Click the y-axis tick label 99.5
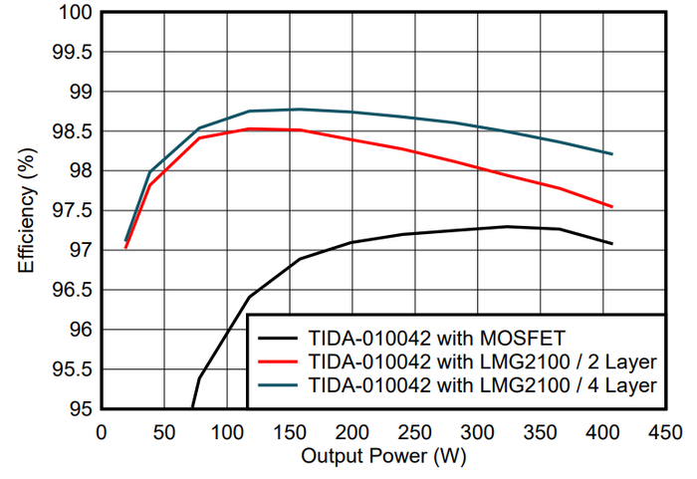[x=73, y=53]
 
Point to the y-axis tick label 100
[x=76, y=13]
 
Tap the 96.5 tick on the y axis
[x=73, y=290]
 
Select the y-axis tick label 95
[x=82, y=408]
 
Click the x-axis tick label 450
[x=665, y=432]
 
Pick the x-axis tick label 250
[x=415, y=432]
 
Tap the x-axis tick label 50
[x=164, y=432]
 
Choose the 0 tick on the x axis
[x=102, y=432]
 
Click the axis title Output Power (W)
[x=383, y=456]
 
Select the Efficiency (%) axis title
[x=26, y=210]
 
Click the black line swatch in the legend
[x=278, y=339]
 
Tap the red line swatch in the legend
[x=278, y=362]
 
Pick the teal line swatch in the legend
[x=278, y=385]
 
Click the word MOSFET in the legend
[x=523, y=339]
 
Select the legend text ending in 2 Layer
[x=483, y=362]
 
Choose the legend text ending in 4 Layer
[x=483, y=385]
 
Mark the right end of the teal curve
[x=612, y=154]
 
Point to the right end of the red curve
[x=612, y=206]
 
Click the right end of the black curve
[x=612, y=244]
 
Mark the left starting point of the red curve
[x=125, y=248]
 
